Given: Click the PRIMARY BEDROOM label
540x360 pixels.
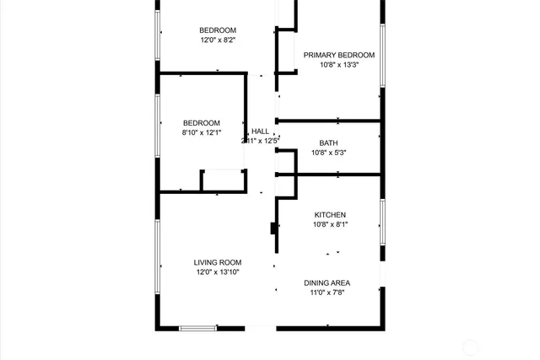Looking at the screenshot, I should (338, 55).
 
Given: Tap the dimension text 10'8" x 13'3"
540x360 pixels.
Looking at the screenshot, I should (338, 65).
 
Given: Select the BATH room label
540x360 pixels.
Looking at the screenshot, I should (328, 142).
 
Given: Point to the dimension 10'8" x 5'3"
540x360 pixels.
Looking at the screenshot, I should (328, 153).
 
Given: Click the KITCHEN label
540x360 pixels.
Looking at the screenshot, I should (330, 215).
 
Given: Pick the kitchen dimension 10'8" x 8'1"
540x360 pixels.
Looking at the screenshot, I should (330, 225).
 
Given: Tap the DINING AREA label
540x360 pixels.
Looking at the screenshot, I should (327, 282).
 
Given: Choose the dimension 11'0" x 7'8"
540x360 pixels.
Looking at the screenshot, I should (327, 293).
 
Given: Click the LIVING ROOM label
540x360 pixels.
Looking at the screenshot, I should (218, 262).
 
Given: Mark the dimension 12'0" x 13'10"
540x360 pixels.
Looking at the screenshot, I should (218, 272).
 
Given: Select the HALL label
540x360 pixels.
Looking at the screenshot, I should (260, 131).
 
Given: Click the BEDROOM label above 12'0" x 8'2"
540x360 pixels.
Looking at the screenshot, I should (218, 30).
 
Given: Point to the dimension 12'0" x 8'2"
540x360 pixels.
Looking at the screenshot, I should (218, 40).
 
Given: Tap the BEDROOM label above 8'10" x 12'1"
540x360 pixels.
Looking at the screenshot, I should (201, 122).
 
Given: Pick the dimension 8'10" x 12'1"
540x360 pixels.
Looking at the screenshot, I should (201, 132).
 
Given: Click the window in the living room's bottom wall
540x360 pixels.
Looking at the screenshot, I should (197, 327).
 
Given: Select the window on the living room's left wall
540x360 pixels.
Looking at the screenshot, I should (158, 257).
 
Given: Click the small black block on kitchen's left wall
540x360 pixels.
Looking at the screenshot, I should (273, 228).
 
